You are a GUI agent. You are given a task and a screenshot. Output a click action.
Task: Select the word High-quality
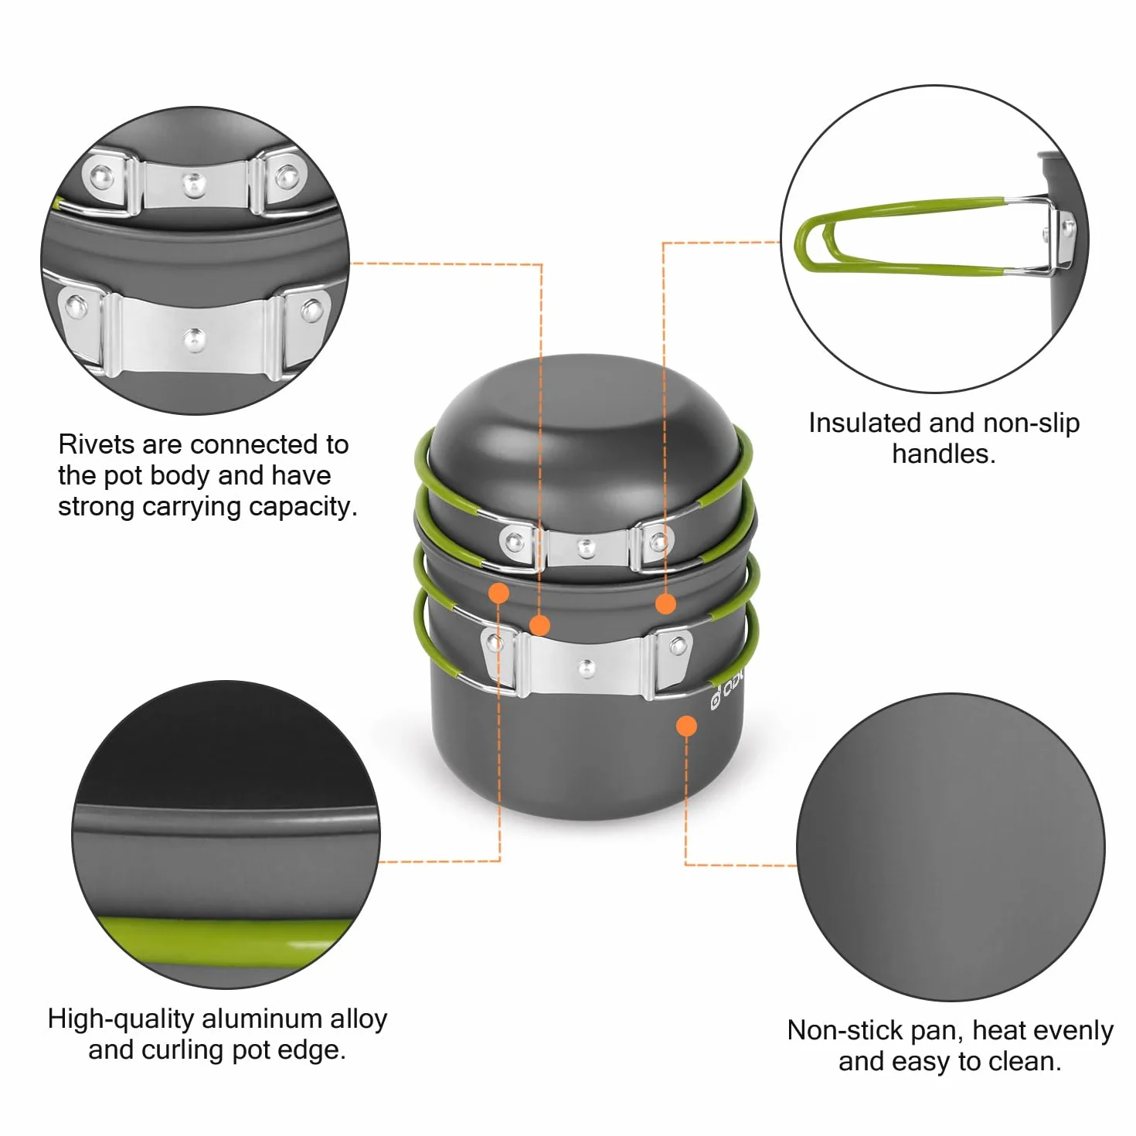click(121, 1019)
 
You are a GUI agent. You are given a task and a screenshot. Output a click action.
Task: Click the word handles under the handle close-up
click(940, 454)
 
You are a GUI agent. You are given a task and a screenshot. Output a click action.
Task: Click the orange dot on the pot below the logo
click(686, 726)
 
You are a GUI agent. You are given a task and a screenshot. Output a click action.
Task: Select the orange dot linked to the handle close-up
click(665, 603)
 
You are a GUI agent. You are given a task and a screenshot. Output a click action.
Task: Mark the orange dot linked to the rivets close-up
click(539, 625)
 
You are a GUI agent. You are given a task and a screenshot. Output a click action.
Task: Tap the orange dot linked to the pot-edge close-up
click(498, 593)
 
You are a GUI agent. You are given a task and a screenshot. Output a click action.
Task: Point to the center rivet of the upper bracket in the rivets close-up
click(194, 184)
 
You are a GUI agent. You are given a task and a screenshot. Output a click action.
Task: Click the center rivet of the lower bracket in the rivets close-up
click(195, 340)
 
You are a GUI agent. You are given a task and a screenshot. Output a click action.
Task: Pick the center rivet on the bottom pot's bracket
click(586, 668)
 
